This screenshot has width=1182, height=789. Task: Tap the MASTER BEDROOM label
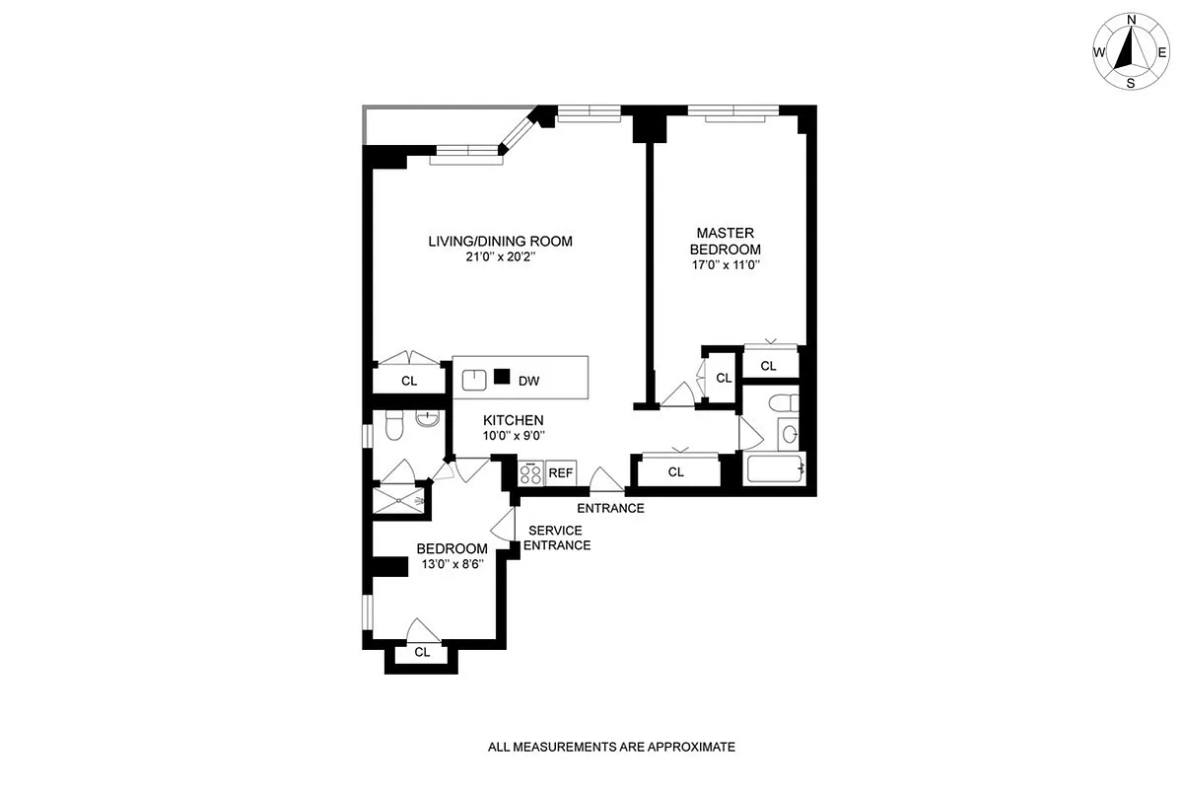click(x=726, y=242)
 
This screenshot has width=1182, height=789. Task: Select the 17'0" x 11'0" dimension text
click(x=726, y=264)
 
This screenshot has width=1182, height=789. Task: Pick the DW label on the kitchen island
click(x=528, y=380)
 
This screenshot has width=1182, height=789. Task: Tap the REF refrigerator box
click(x=561, y=473)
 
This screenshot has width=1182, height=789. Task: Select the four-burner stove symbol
click(x=530, y=473)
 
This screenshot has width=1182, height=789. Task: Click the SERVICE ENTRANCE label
click(x=557, y=538)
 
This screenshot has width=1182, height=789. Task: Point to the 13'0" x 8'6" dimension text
click(x=452, y=565)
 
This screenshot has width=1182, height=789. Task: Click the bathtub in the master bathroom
click(x=776, y=468)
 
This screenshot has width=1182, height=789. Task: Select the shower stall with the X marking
click(x=399, y=501)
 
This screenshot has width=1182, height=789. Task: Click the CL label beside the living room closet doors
click(x=409, y=380)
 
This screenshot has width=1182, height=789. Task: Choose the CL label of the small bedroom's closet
click(x=422, y=652)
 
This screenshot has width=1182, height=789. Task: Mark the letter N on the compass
click(x=1132, y=20)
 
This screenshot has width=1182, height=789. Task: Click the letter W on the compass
click(x=1098, y=52)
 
